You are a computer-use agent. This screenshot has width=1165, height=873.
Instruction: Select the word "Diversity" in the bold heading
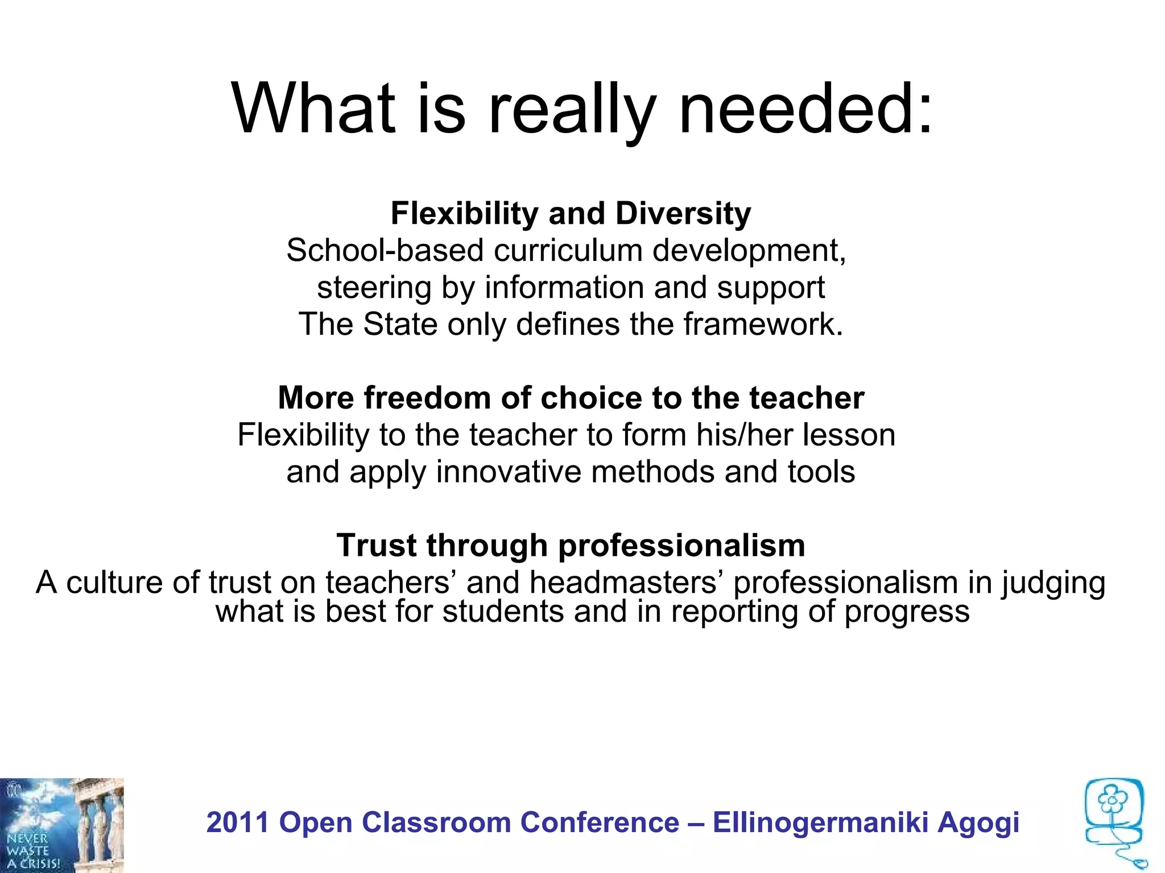pyautogui.click(x=683, y=214)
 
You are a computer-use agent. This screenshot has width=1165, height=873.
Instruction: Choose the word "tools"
pyautogui.click(x=821, y=472)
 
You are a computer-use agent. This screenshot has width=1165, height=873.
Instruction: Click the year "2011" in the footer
pyautogui.click(x=238, y=823)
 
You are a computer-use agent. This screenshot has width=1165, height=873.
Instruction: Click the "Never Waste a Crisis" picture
pyautogui.click(x=61, y=825)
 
